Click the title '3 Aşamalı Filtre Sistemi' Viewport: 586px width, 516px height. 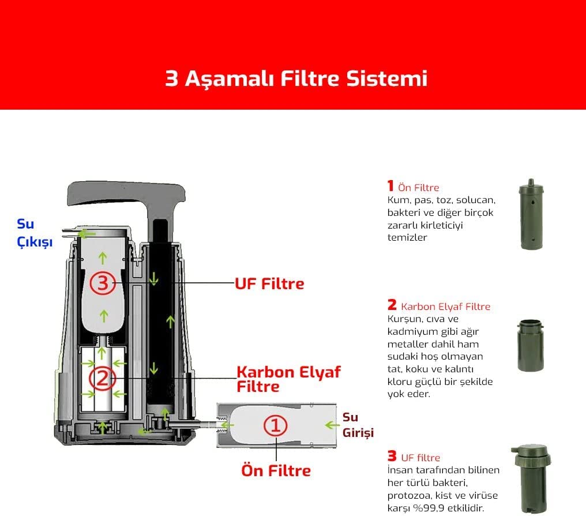[296, 78]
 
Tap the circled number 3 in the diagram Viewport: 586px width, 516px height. [103, 283]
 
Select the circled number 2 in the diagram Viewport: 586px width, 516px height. [103, 378]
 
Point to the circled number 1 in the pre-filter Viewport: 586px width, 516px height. [276, 425]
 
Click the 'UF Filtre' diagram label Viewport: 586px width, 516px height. [269, 284]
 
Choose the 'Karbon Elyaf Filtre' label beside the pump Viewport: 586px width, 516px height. [288, 379]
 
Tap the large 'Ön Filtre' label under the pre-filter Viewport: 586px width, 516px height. [276, 470]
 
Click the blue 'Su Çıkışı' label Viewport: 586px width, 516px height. [35, 233]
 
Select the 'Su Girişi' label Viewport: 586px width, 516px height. [358, 425]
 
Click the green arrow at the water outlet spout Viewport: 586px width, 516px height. [87, 234]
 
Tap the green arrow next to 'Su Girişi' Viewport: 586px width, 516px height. [332, 425]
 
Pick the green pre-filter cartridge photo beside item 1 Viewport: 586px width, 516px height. [531, 214]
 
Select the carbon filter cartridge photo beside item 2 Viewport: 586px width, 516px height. [530, 345]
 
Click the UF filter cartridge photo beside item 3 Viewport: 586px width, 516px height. [531, 479]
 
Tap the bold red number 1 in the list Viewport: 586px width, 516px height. [390, 185]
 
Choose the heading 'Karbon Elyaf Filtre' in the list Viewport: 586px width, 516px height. [445, 306]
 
